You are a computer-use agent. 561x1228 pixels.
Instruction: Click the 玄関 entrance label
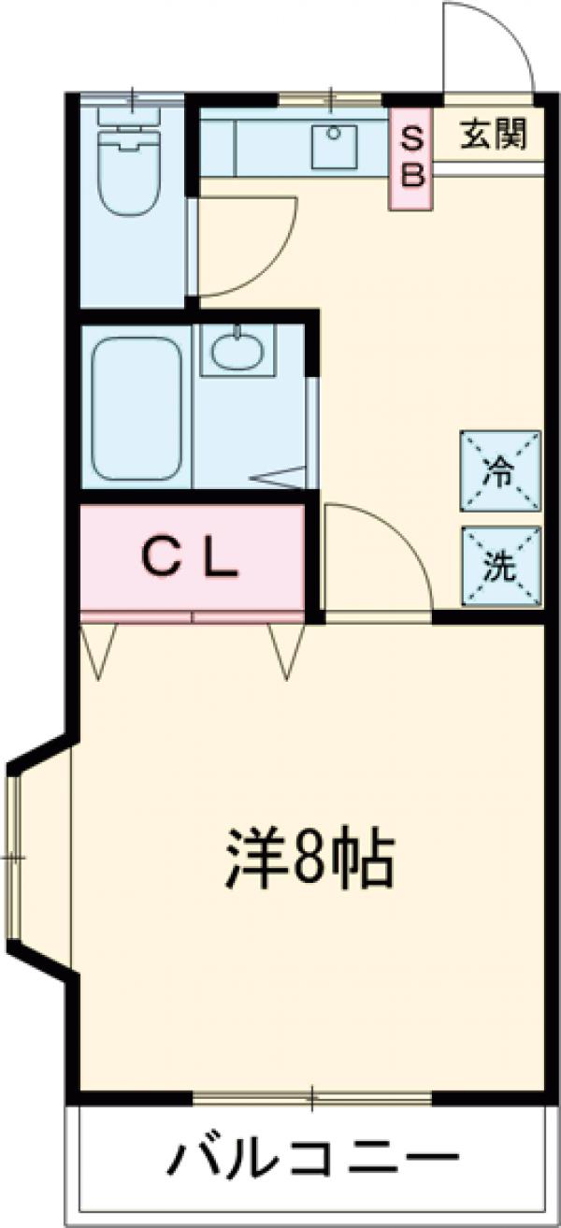pyautogui.click(x=493, y=136)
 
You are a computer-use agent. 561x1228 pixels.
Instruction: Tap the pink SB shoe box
pyautogui.click(x=412, y=156)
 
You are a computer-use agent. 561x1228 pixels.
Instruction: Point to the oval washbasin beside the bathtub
pyautogui.click(x=238, y=352)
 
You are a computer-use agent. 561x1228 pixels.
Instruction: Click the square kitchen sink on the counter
pyautogui.click(x=332, y=146)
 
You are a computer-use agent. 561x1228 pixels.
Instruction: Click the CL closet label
pyautogui.click(x=191, y=558)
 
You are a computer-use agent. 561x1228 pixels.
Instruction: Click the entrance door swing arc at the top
pyautogui.click(x=486, y=47)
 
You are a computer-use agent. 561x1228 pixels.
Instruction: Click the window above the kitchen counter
pyautogui.click(x=331, y=97)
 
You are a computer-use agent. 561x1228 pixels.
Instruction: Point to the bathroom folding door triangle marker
pyautogui.click(x=280, y=477)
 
